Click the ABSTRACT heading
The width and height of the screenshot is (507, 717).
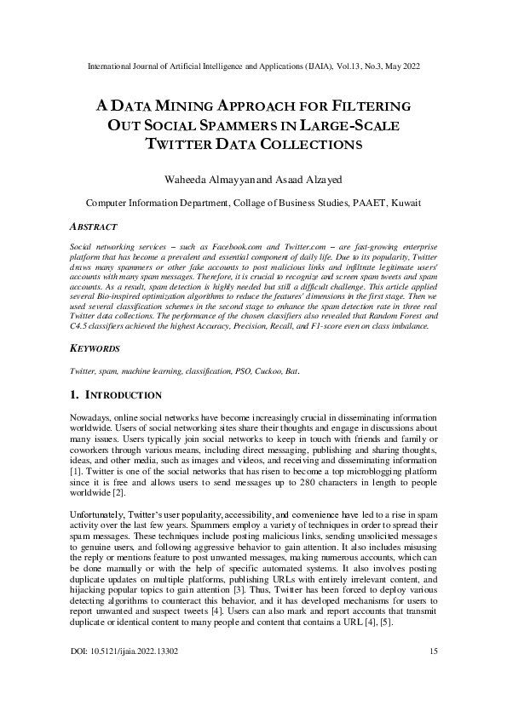(91, 227)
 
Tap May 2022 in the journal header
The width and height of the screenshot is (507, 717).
(396, 66)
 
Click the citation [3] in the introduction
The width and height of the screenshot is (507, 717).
(268, 589)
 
